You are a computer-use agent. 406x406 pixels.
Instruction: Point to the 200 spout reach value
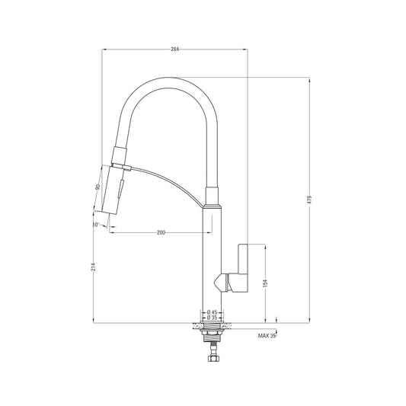161,232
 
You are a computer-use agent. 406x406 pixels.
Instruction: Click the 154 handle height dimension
266,283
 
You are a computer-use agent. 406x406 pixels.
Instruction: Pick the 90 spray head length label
98,187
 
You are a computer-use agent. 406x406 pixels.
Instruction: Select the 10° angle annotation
97,225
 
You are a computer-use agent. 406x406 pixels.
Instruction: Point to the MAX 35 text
267,335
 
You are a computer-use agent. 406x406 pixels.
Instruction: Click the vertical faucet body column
211,259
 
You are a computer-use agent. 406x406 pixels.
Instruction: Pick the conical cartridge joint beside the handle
224,281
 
